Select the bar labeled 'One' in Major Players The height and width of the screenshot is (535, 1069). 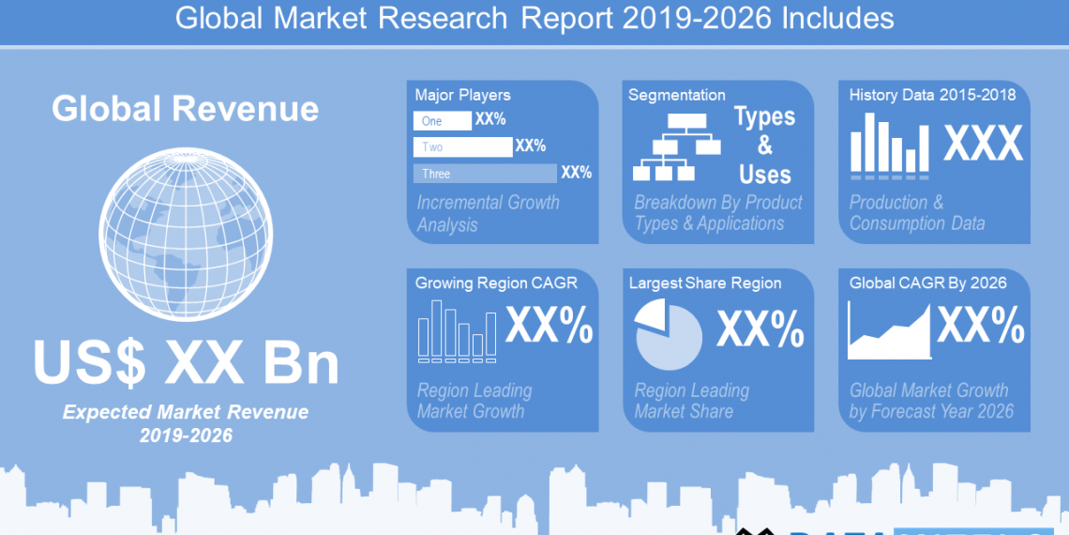[443, 121]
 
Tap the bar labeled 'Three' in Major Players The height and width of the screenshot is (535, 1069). [485, 174]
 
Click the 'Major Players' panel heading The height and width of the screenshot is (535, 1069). [463, 95]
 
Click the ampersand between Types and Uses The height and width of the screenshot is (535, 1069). [765, 145]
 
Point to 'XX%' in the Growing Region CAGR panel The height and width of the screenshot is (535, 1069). [550, 327]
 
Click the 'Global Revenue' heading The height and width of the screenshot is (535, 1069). [186, 109]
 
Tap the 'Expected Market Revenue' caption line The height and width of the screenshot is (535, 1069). [186, 413]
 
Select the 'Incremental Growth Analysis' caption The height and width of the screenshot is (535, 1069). [488, 214]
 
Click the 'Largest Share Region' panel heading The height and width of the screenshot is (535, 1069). [705, 283]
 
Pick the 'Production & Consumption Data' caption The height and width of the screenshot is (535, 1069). [917, 213]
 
